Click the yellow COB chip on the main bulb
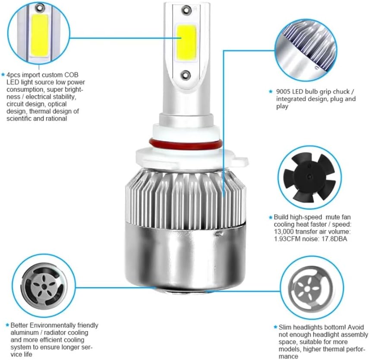coord(186,42)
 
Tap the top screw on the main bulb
coord(186,9)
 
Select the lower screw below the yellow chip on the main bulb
coord(186,74)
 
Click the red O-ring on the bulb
coord(185,144)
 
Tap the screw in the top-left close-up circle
coord(40,8)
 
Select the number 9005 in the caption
coord(284,92)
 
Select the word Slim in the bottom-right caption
coord(285,327)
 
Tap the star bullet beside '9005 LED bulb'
coord(271,92)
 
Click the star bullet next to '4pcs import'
coord(3,75)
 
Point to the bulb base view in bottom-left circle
coord(44,286)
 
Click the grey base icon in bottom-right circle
coord(310,288)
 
